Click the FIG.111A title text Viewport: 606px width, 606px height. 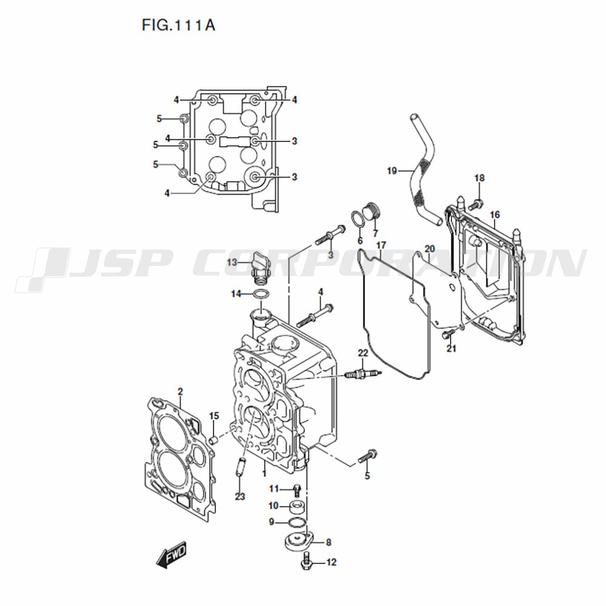(178, 25)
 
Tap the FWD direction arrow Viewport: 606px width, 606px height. (171, 554)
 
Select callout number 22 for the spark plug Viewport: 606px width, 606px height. (363, 353)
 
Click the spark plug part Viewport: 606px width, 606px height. (363, 374)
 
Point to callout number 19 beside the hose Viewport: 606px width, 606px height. (392, 170)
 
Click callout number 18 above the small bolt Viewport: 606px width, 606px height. (479, 178)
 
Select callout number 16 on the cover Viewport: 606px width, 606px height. (494, 215)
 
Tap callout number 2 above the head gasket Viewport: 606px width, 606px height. (180, 392)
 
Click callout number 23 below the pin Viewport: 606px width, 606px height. (240, 496)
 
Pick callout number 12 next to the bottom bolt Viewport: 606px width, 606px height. (331, 562)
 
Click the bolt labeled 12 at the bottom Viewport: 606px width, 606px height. (306, 561)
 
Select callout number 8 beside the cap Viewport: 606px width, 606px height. (328, 542)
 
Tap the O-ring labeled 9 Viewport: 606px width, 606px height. (297, 522)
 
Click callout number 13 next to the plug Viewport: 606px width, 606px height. (232, 263)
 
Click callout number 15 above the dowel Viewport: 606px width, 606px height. (214, 416)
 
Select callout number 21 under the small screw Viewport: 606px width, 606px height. (451, 348)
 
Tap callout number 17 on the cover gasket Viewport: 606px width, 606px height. (381, 245)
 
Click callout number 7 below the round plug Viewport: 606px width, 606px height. (375, 233)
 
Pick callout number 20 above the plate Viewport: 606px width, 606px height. (430, 249)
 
